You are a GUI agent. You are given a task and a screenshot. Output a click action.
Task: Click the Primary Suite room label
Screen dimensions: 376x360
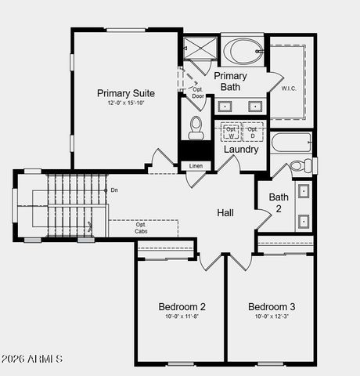pos(126,92)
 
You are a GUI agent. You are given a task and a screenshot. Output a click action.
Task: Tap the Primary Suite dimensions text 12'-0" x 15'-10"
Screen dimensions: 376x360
pos(126,103)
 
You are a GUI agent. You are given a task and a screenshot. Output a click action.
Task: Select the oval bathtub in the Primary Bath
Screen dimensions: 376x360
pos(243,52)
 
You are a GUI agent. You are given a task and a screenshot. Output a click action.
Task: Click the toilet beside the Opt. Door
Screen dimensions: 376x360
pos(196,125)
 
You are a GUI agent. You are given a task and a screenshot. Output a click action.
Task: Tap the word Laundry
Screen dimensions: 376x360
pos(241,149)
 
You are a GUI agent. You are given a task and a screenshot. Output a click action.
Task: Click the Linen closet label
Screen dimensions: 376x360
pos(195,166)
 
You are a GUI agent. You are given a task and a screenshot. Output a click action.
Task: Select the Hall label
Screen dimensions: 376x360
pos(225,212)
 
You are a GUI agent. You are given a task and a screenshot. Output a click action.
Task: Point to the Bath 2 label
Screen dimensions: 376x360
pos(279,203)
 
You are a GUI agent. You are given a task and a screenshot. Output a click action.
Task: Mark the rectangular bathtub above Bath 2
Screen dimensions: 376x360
pos(291,143)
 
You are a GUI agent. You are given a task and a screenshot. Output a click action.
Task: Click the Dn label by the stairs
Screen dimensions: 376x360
pos(114,190)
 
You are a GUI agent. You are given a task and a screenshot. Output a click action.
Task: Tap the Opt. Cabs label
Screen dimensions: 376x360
pos(141,229)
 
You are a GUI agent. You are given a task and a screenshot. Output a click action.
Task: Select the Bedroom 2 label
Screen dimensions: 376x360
pos(182,306)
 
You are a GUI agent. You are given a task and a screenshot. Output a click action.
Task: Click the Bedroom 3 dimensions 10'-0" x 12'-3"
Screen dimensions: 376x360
pos(272,316)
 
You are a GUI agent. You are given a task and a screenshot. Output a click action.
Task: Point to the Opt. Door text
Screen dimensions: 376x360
pos(198,92)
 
